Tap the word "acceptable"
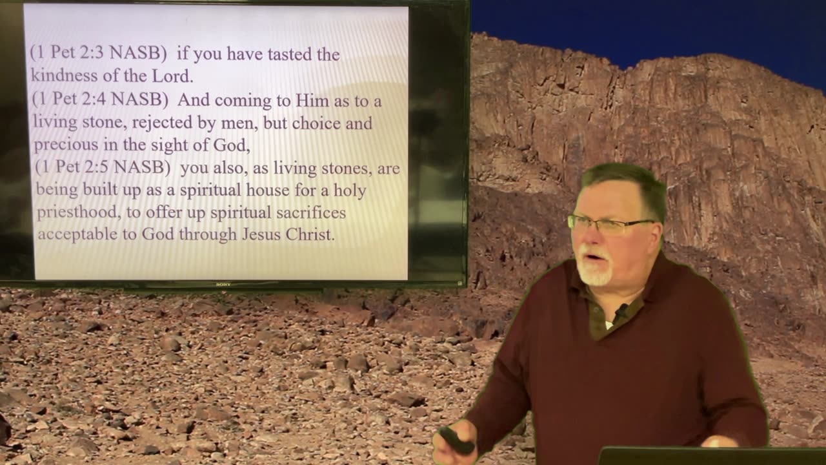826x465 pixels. pyautogui.click(x=78, y=234)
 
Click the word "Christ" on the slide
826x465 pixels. pyautogui.click(x=308, y=234)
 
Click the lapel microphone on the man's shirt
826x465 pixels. pyautogui.click(x=621, y=312)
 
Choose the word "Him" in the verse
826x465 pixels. pyautogui.click(x=312, y=101)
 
